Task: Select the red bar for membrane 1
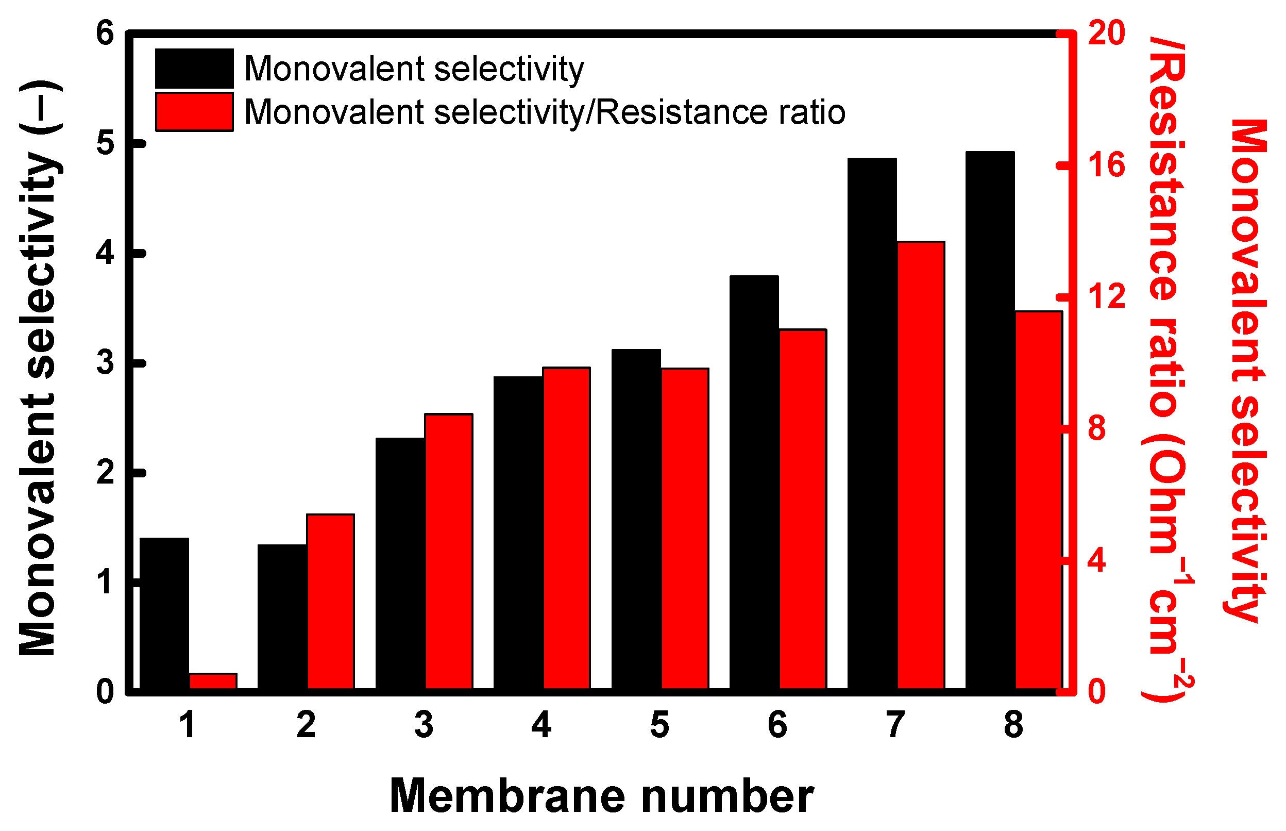pyautogui.click(x=213, y=681)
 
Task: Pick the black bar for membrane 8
pyautogui.click(x=989, y=421)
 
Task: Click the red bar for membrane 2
pyautogui.click(x=331, y=602)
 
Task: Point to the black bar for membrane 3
pyautogui.click(x=400, y=563)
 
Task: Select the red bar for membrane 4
pyautogui.click(x=566, y=528)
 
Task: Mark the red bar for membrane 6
pyautogui.click(x=802, y=509)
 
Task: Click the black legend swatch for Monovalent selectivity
pyautogui.click(x=194, y=69)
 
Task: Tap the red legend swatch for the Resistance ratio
pyautogui.click(x=194, y=112)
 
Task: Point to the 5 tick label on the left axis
pyautogui.click(x=105, y=143)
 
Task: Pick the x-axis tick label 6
pyautogui.click(x=777, y=725)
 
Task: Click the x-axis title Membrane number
pyautogui.click(x=601, y=796)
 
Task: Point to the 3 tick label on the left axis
pyautogui.click(x=105, y=362)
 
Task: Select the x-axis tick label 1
pyautogui.click(x=187, y=725)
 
